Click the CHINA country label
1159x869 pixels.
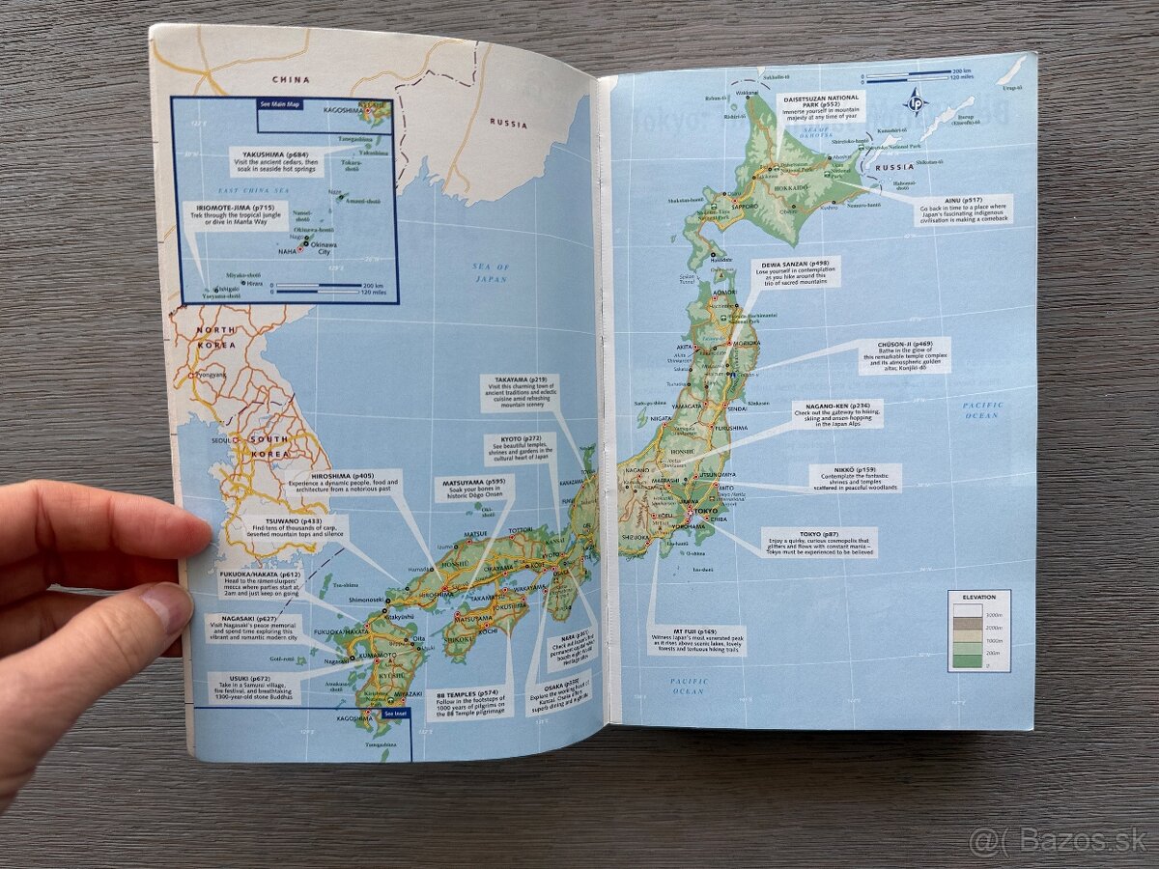[291, 79]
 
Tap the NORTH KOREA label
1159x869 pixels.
[216, 336]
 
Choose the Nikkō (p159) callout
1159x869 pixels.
[855, 477]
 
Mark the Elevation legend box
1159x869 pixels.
[977, 630]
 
